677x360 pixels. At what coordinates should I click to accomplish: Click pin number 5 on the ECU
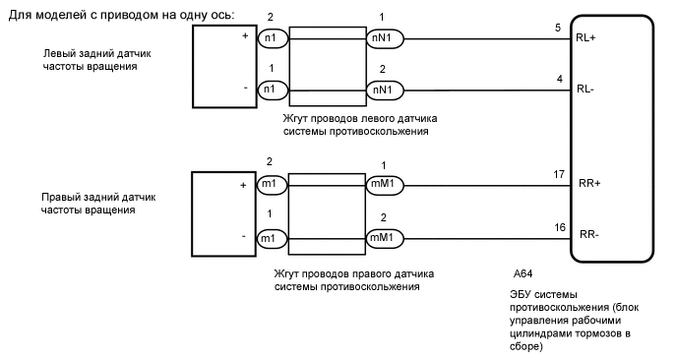click(x=557, y=29)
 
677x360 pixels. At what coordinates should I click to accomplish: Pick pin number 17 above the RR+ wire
click(x=558, y=174)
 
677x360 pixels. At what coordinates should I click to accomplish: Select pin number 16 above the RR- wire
click(x=558, y=226)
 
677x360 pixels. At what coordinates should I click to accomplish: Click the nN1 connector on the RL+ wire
click(x=381, y=38)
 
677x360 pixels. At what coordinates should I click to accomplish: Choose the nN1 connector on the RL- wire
click(x=381, y=90)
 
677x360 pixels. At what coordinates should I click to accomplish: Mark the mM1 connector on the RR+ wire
click(x=381, y=184)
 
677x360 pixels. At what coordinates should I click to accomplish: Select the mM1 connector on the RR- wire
click(x=381, y=238)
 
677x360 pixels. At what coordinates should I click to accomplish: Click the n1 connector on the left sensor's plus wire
click(x=268, y=38)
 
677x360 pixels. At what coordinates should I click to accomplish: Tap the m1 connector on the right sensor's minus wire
click(x=268, y=238)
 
